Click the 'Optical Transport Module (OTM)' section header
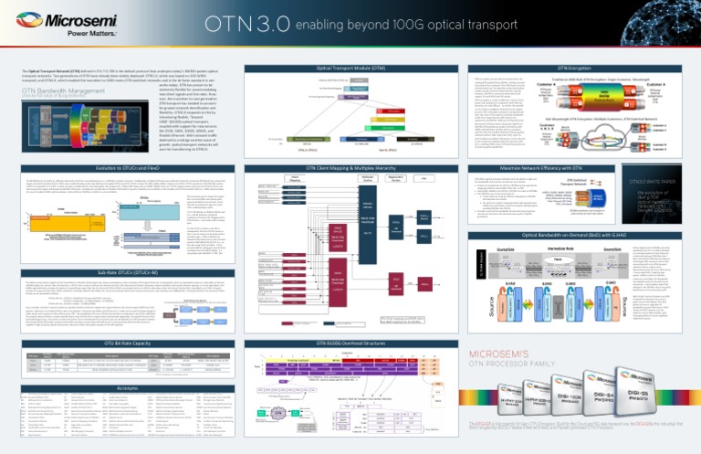click(x=350, y=69)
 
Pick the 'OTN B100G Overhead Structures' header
click(x=350, y=342)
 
